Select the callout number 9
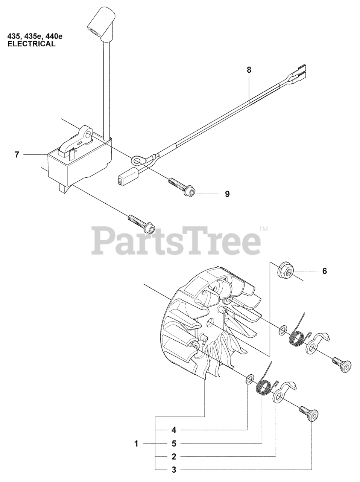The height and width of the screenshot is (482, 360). pos(227,194)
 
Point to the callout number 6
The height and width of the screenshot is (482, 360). pos(324,271)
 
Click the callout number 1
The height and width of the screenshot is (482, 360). pos(136,444)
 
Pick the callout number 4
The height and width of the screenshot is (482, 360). pos(173,430)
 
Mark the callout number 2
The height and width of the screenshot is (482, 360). pos(173,457)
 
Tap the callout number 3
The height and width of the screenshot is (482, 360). pos(173,470)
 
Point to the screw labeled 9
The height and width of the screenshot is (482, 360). pos(182,188)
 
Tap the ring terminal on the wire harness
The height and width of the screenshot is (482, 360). pos(137,161)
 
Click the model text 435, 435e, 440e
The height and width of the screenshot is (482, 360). pos(35,37)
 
